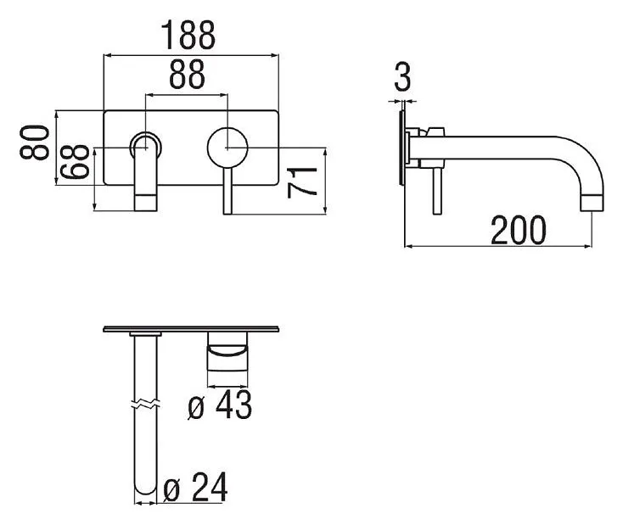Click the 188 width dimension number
pyautogui.click(x=188, y=36)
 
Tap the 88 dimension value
pyautogui.click(x=187, y=75)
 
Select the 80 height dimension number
pyautogui.click(x=35, y=142)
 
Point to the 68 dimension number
pyautogui.click(x=75, y=162)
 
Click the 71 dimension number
pyautogui.click(x=302, y=182)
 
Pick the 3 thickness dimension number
pyautogui.click(x=402, y=76)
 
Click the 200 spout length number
pyautogui.click(x=518, y=231)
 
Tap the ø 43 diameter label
pyautogui.click(x=220, y=405)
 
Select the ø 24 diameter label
pyautogui.click(x=195, y=487)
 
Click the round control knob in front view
pyautogui.click(x=227, y=148)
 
